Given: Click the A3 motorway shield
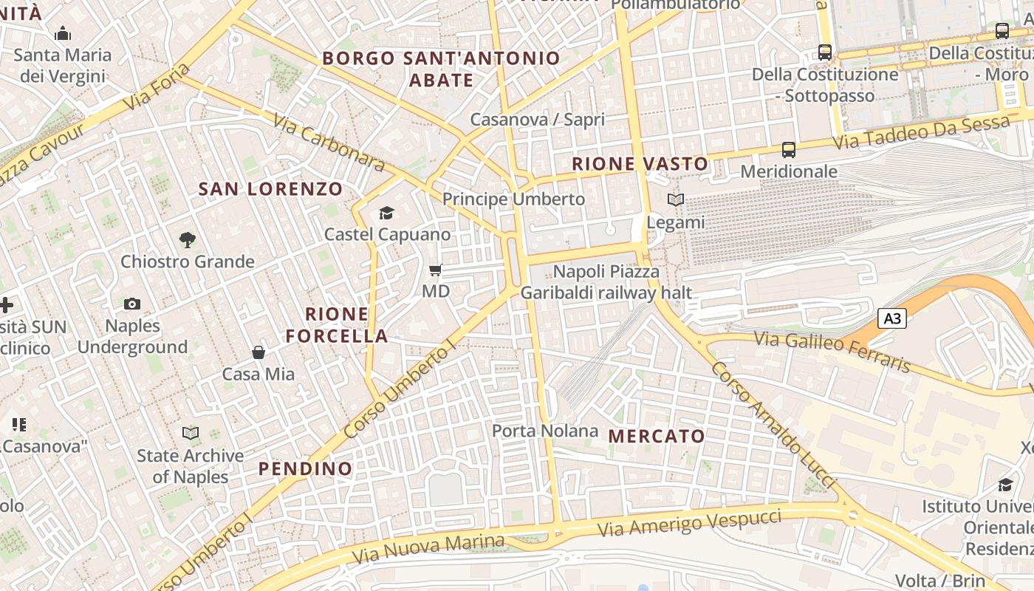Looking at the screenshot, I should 892,318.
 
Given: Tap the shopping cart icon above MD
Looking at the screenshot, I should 436,270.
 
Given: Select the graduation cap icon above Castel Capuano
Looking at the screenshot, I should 387,213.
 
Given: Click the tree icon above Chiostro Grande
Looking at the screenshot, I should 188,239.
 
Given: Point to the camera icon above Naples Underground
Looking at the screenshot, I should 132,304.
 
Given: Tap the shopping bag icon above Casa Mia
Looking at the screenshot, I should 258,352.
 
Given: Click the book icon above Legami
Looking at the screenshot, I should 676,199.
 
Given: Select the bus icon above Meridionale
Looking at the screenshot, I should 789,150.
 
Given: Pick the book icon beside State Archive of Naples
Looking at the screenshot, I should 191,433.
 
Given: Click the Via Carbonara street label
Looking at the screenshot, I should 329,143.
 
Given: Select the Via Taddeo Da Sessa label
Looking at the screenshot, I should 921,131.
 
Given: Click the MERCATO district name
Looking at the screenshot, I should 657,436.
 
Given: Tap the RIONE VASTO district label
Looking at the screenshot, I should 640,163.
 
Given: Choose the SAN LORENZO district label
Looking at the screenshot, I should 270,189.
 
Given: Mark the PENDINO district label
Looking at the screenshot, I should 305,468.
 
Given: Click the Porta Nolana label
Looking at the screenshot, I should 545,431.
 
